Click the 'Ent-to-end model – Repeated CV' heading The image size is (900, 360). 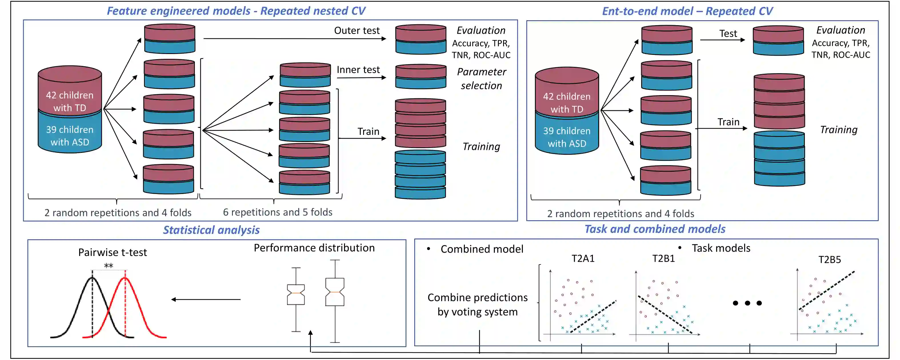(x=687, y=11)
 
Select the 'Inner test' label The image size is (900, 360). (x=358, y=69)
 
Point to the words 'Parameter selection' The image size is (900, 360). (x=481, y=79)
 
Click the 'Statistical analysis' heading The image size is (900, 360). (x=211, y=230)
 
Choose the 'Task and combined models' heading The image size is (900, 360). (x=655, y=229)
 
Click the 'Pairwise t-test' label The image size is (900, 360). (x=113, y=252)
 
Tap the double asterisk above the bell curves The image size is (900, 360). (x=109, y=266)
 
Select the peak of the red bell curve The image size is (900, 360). (x=125, y=278)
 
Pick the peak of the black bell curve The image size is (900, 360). (x=92, y=277)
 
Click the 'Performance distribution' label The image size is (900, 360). (x=314, y=248)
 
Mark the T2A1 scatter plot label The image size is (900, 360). (x=583, y=259)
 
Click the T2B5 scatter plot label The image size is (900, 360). (x=829, y=260)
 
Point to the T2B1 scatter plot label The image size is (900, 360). (x=663, y=259)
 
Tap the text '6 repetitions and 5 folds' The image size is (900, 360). (x=277, y=212)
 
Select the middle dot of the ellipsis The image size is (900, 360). (x=747, y=303)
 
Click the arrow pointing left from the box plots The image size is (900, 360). (x=206, y=299)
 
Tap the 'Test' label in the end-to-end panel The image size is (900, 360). (x=728, y=33)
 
